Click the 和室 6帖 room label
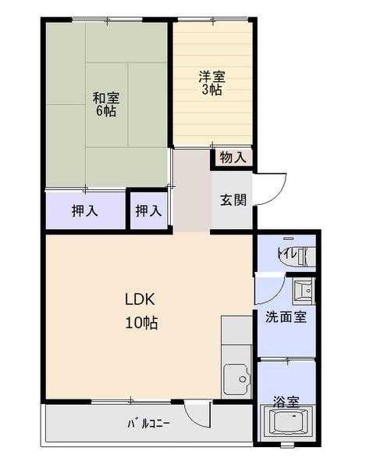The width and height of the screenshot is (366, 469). pos(106,104)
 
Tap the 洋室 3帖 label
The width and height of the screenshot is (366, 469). pos(212,83)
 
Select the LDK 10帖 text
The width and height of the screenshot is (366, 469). pos(141,311)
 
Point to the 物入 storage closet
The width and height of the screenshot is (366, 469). pos(233,157)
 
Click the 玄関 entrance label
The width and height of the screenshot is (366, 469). pos(233,200)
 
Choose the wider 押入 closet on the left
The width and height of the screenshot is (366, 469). pos(85,210)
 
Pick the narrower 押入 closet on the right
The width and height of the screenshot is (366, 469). pos(148,210)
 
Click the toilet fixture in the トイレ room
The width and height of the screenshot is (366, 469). pos(299,256)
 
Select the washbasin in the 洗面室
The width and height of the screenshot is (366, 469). pos(304,291)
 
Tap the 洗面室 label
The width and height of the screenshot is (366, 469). pos(286,317)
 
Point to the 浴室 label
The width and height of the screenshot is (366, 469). pos(286,402)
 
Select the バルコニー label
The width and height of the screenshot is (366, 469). pos(148,424)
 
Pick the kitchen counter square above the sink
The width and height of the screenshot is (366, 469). pos(236,330)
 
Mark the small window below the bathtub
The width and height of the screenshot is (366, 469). pos(287,445)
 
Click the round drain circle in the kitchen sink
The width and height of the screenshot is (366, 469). pos(243,379)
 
